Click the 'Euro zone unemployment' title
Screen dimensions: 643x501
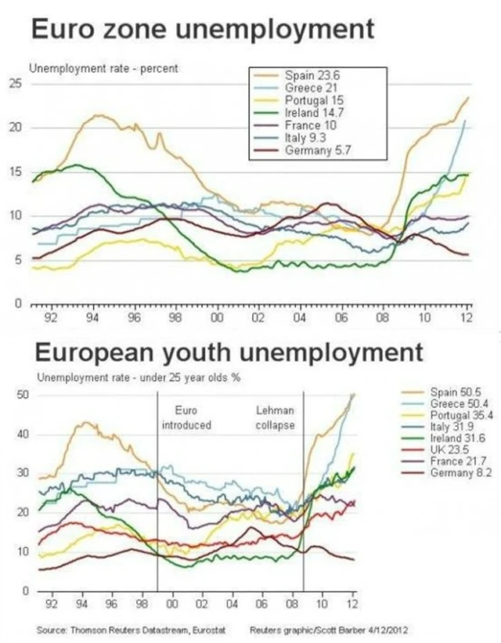(x=202, y=31)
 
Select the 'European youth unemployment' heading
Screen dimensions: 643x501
(x=225, y=352)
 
